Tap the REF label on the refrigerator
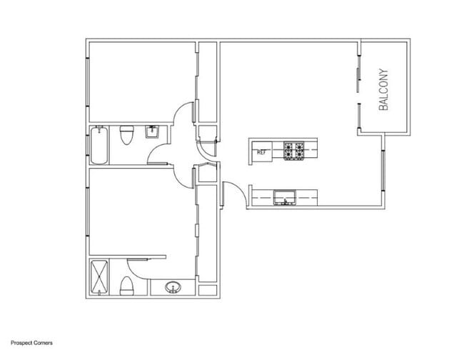[261, 151]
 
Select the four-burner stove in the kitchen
[295, 151]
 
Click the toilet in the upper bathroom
[127, 136]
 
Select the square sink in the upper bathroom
[152, 131]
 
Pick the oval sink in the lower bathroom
[172, 288]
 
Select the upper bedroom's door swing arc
[183, 114]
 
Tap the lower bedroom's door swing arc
[184, 176]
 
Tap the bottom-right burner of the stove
[301, 156]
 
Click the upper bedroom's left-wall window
[87, 86]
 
